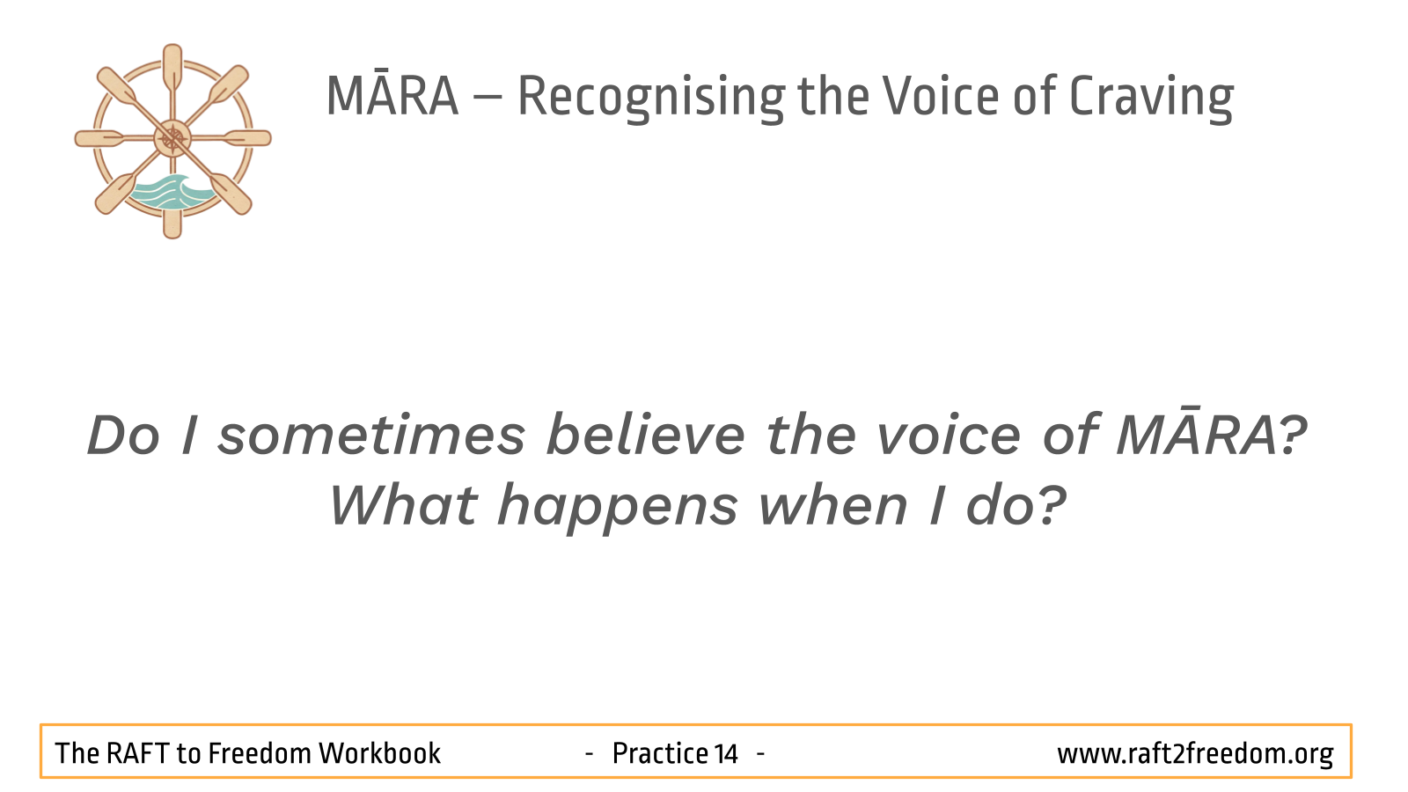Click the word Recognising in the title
pos(651,98)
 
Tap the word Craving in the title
pos(1152,98)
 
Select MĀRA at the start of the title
pos(392,96)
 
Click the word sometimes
pos(371,436)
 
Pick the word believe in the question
pos(646,435)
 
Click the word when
pos(832,505)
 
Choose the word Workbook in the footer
pos(379,753)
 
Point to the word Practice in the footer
pos(660,753)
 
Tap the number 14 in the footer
pos(726,754)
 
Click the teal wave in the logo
pos(171,192)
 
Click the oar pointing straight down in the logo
pos(172,216)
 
